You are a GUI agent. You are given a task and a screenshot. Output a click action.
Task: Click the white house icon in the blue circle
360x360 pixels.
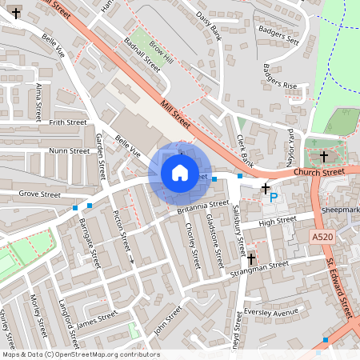pyautogui.click(x=180, y=172)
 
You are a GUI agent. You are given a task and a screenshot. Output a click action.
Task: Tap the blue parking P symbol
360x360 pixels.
pyautogui.click(x=274, y=198)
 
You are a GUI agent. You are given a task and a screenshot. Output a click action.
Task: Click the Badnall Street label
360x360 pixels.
pyautogui.click(x=142, y=56)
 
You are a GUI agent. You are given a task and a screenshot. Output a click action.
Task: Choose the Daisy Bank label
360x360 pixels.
pyautogui.click(x=209, y=33)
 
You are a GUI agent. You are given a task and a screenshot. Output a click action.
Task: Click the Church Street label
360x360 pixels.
pyautogui.click(x=318, y=171)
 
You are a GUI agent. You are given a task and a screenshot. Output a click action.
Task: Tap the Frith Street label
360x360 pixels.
pyautogui.click(x=67, y=122)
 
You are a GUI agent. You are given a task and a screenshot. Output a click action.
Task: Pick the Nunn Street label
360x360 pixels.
pyautogui.click(x=69, y=150)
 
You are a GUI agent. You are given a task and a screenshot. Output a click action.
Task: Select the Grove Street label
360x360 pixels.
pyautogui.click(x=40, y=194)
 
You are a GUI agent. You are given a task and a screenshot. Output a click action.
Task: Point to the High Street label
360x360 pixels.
pyautogui.click(x=278, y=222)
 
